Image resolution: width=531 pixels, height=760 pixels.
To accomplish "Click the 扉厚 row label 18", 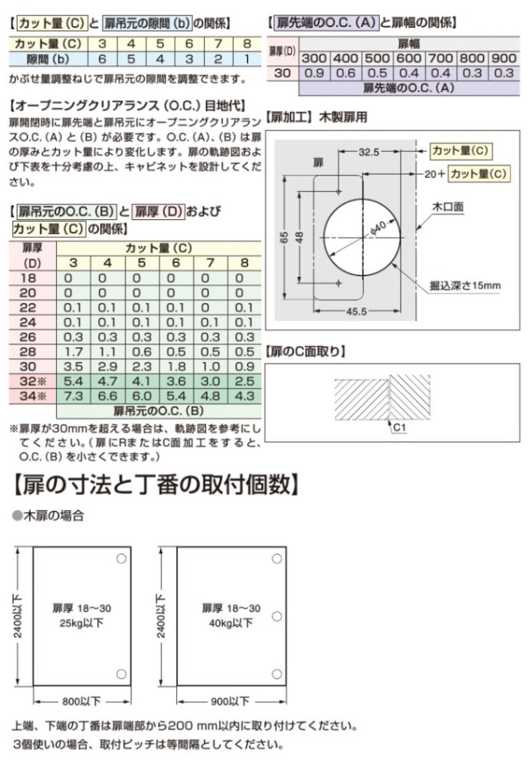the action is pos(28,278).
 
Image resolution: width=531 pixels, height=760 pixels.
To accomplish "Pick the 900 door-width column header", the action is pos(503,58).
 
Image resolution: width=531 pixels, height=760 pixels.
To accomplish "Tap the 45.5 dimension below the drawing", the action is pos(357,311).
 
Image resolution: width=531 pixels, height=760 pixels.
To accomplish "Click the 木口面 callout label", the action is pos(447,206).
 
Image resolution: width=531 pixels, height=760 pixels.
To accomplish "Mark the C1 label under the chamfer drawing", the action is pos(399,428).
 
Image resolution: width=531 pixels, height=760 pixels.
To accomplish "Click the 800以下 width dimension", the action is pos(83,700).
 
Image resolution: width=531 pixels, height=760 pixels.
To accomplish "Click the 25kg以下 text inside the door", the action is pos(82,623).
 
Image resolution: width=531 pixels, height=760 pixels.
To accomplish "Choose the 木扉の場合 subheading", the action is pos(54,516).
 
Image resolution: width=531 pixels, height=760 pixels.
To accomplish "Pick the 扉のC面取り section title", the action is pos(306,352).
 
